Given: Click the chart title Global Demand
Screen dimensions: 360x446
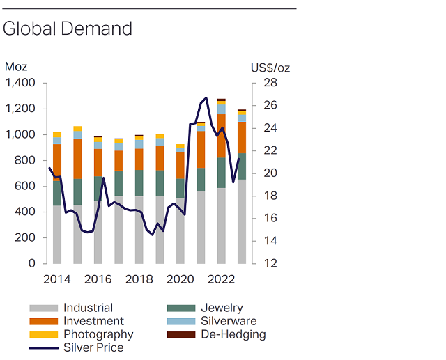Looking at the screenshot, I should coord(68,29).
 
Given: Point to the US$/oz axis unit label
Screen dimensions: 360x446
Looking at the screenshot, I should coord(270,68).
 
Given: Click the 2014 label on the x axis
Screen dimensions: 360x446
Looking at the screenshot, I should coord(57,279).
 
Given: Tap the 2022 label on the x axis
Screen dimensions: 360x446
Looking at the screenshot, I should coord(221,279).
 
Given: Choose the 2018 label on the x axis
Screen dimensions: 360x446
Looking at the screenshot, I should coord(139,279).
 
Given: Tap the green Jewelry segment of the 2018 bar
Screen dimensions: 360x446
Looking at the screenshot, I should coord(139,183).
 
